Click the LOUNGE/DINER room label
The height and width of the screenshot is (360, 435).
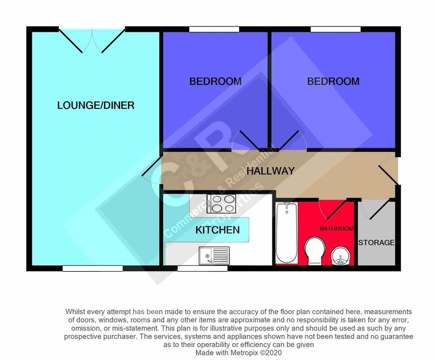(96, 105)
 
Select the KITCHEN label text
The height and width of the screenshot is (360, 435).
(217, 230)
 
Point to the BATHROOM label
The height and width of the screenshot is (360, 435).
(336, 228)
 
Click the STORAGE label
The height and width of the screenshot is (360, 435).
(376, 243)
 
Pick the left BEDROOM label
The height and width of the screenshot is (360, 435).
(215, 82)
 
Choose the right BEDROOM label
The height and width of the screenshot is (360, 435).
(333, 82)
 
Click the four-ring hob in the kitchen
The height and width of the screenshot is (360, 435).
(221, 203)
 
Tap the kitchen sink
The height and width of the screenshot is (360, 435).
(214, 256)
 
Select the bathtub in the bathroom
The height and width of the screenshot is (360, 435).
(287, 232)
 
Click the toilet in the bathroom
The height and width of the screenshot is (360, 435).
(314, 249)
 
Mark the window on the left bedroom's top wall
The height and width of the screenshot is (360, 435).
(214, 29)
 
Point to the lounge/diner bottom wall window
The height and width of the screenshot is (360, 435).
(92, 268)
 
